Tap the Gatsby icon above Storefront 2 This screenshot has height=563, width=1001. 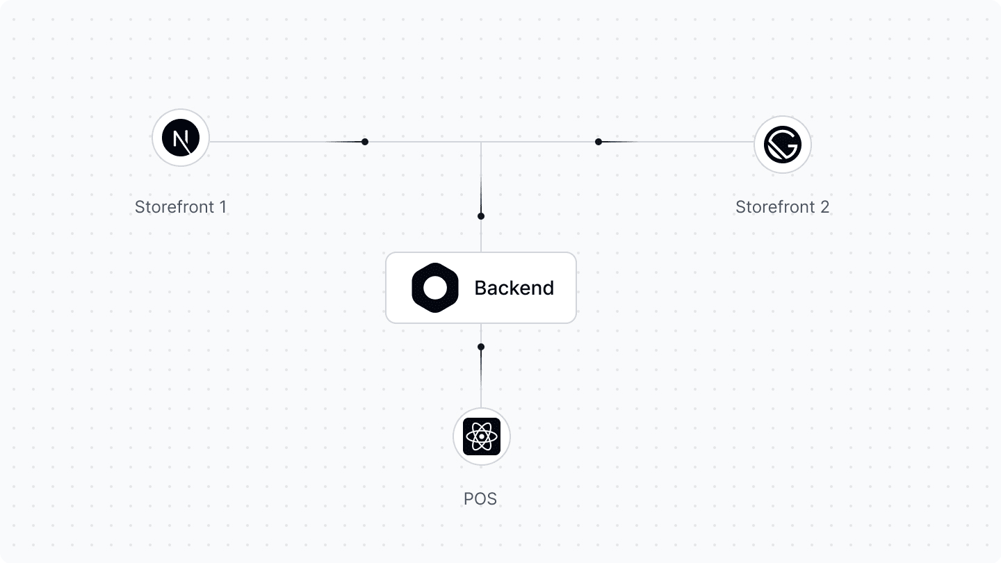coord(783,145)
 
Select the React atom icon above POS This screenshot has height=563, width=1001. coord(482,436)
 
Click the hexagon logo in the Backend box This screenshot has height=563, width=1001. coord(434,288)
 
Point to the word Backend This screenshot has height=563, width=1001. coord(514,288)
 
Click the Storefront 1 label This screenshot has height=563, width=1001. coord(181,207)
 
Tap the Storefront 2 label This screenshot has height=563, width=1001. coord(782,207)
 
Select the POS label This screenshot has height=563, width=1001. coord(480,499)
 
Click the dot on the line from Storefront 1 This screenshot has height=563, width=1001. coord(365,142)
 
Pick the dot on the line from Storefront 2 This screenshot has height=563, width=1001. coord(599,142)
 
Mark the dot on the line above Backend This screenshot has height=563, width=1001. coord(481,216)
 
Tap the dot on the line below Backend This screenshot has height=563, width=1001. coord(481,347)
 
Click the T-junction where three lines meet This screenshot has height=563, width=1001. coord(481,142)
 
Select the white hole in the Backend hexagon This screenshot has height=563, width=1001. coord(434,288)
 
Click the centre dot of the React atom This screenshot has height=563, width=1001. coord(482,437)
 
